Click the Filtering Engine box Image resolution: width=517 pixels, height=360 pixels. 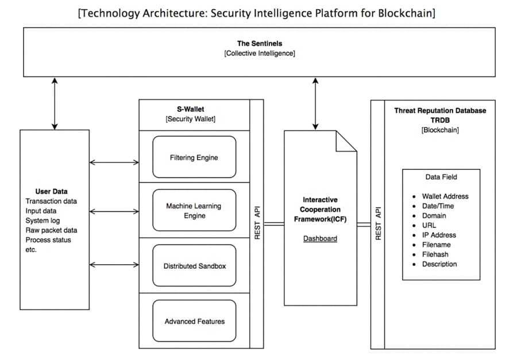(x=194, y=157)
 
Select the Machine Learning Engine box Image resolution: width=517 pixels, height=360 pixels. (x=194, y=211)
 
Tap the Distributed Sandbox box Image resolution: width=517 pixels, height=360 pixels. (x=194, y=265)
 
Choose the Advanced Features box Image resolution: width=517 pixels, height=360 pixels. (x=194, y=321)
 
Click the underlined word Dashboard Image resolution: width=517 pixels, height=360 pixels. (x=321, y=238)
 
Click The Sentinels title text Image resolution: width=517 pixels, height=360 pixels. (x=260, y=44)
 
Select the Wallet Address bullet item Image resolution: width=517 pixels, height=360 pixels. (x=445, y=196)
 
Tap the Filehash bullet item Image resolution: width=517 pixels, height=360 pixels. (x=435, y=254)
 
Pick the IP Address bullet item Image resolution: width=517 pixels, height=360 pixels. (x=438, y=235)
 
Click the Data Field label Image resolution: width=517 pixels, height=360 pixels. (x=441, y=177)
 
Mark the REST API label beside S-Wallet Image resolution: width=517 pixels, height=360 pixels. (x=257, y=221)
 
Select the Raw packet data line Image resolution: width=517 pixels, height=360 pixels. (x=51, y=230)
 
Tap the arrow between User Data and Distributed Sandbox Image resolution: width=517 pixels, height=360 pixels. (x=114, y=265)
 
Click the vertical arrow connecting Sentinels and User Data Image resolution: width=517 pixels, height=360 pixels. (x=55, y=103)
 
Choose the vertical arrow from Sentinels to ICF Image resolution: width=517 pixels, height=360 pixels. (x=314, y=103)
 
